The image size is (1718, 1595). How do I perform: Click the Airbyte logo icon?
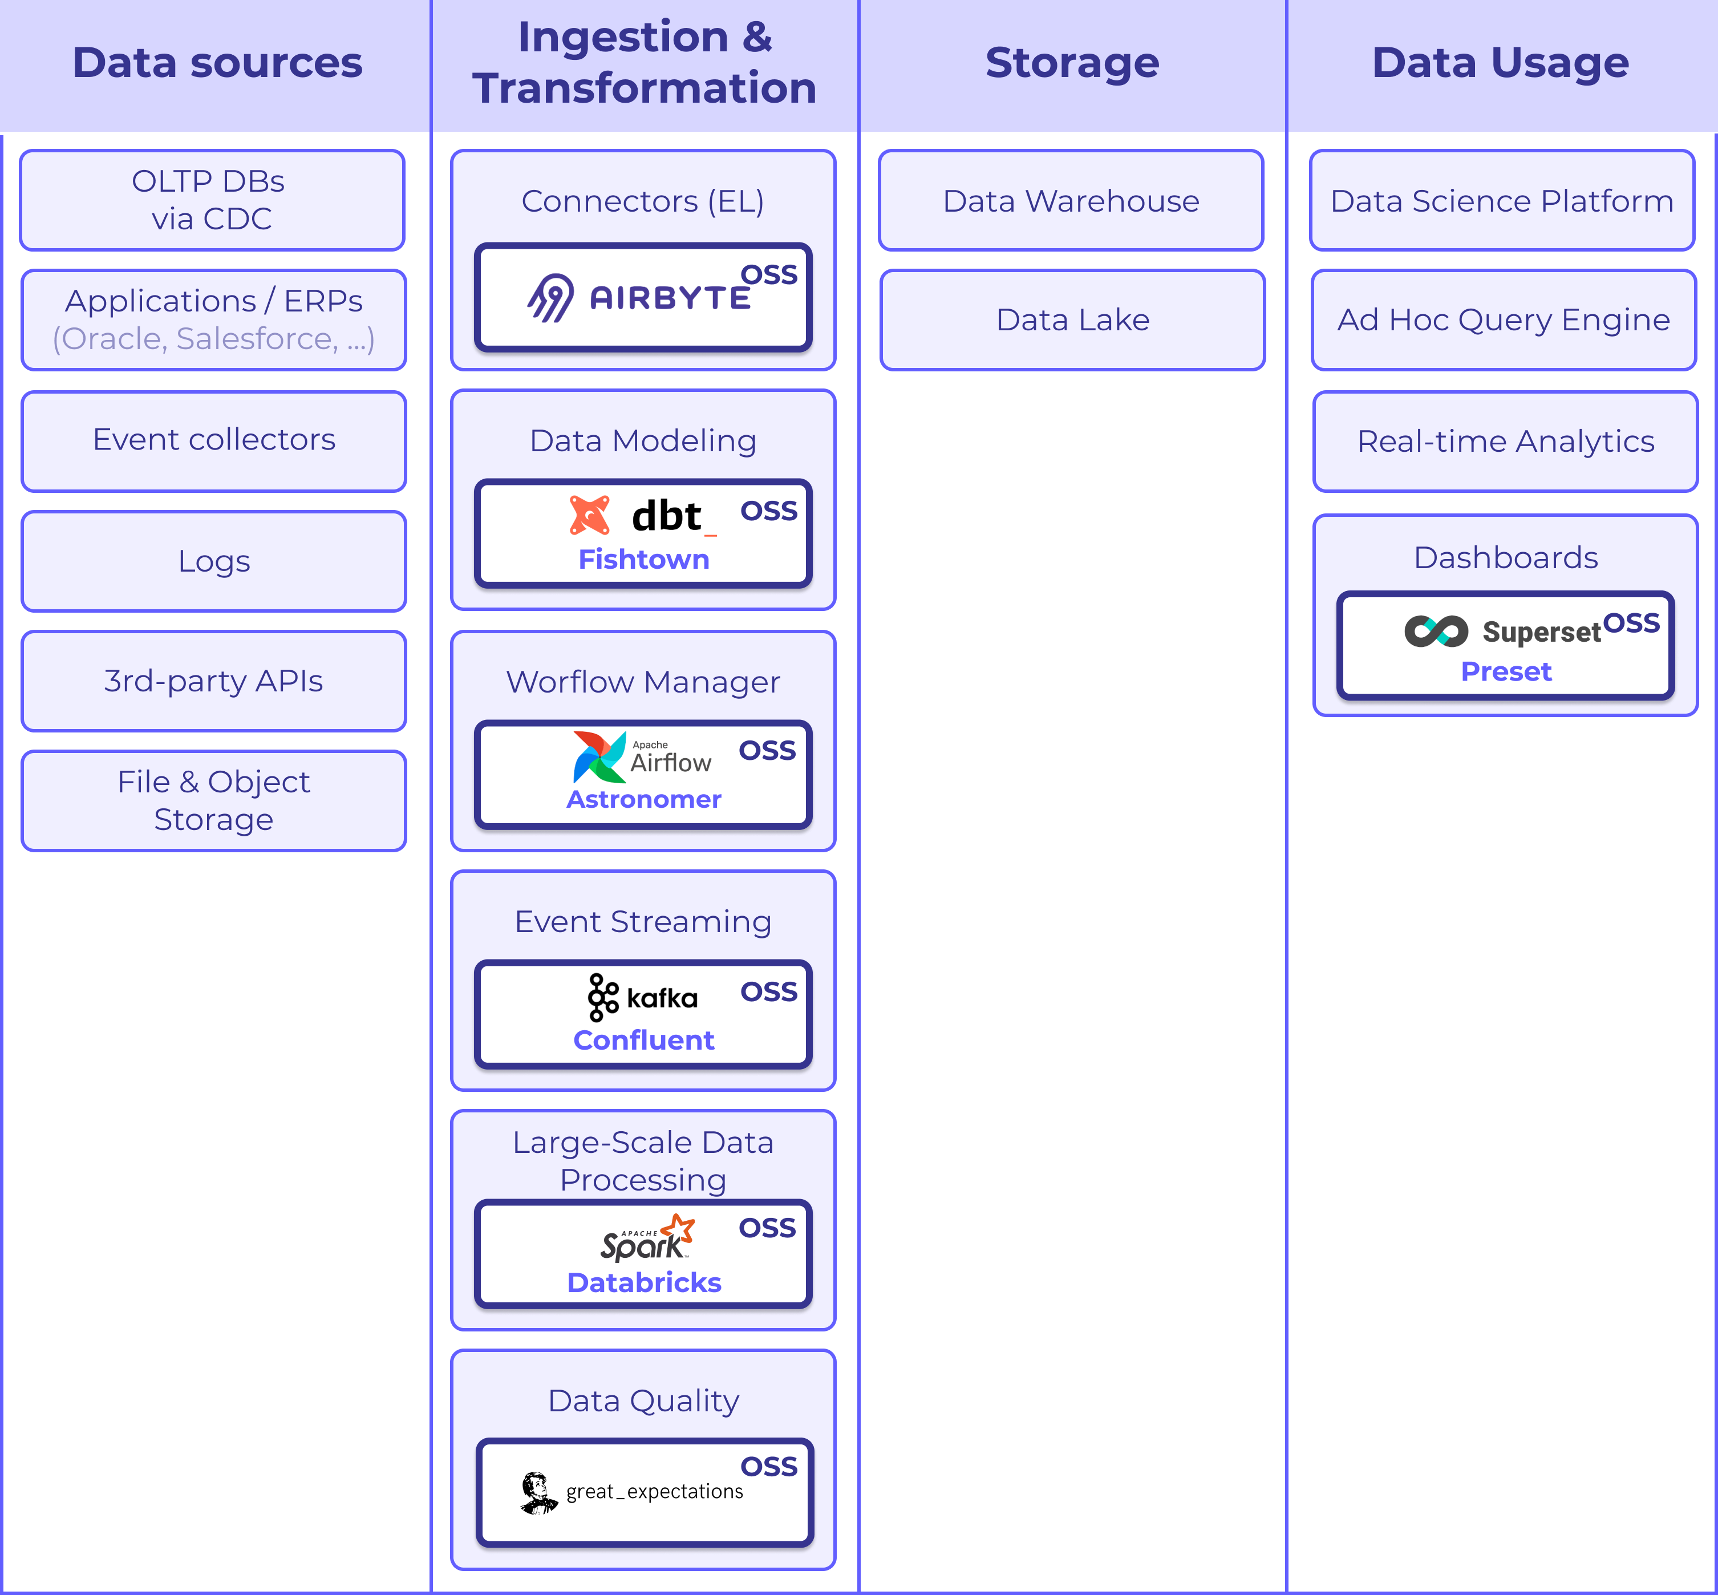(550, 298)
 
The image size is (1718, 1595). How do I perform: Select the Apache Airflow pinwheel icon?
(599, 757)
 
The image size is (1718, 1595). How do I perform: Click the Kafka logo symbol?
(603, 997)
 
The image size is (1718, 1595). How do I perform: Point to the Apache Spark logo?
(647, 1237)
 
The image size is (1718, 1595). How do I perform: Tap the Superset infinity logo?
(1436, 631)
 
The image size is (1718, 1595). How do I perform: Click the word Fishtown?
(644, 559)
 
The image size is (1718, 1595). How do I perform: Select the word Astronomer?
(644, 799)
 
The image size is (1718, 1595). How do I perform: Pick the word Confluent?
(644, 1040)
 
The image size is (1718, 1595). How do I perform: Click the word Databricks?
(644, 1282)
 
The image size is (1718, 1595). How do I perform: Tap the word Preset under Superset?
(1506, 671)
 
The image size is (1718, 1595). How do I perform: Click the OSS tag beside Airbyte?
(769, 274)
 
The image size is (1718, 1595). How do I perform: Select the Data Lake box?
(1072, 320)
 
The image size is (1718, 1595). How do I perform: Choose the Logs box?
(214, 561)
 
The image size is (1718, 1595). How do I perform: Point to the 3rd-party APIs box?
(214, 681)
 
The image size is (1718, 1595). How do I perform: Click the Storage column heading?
(1072, 62)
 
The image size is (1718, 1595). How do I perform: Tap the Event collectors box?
(214, 441)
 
